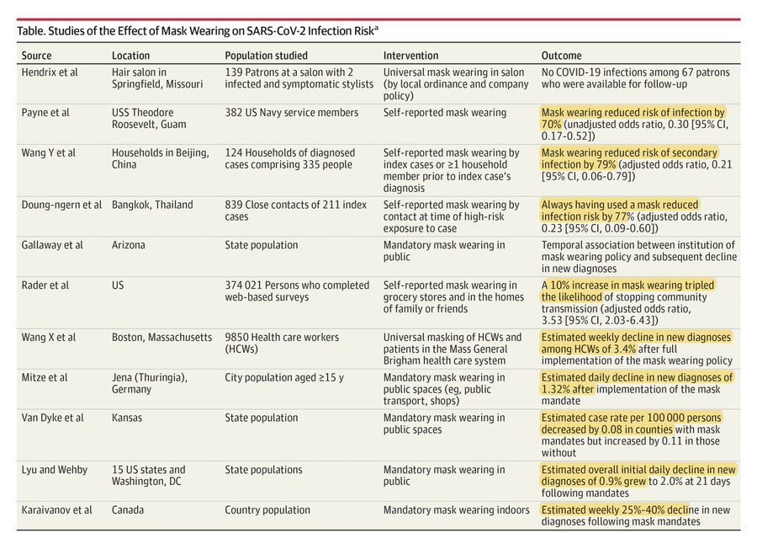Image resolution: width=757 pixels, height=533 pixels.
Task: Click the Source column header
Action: pyautogui.click(x=39, y=56)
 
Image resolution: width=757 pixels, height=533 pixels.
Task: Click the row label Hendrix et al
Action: pyautogui.click(x=50, y=72)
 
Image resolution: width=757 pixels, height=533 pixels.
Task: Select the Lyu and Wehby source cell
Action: pyautogui.click(x=55, y=470)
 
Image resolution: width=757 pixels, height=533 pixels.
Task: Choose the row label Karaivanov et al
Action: pyautogui.click(x=57, y=510)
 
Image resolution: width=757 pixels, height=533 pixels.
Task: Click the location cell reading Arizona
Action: pyautogui.click(x=128, y=245)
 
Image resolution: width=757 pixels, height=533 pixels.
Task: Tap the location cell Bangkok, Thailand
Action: pyautogui.click(x=152, y=205)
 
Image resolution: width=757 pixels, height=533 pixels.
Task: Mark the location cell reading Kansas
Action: pyautogui.click(x=127, y=418)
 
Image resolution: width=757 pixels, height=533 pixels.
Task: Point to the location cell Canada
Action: pyautogui.click(x=128, y=510)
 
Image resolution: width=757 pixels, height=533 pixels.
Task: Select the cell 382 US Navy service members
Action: pyautogui.click(x=291, y=113)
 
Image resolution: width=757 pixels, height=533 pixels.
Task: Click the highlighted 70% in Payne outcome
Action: pyautogui.click(x=551, y=123)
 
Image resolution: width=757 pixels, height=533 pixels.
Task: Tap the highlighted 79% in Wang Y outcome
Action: pyautogui.click(x=606, y=164)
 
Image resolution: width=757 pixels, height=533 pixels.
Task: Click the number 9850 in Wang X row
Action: pyautogui.click(x=238, y=337)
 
